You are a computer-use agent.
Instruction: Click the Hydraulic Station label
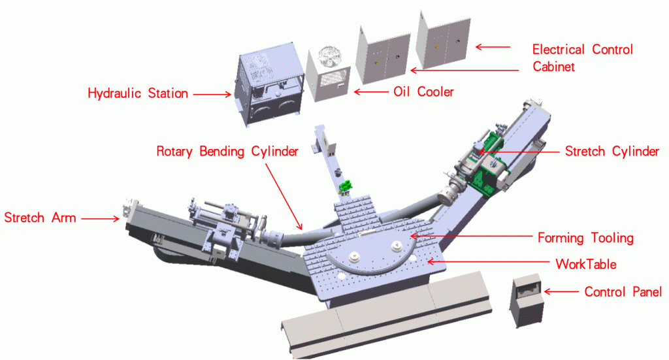click(x=138, y=93)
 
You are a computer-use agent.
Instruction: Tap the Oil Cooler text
click(x=423, y=92)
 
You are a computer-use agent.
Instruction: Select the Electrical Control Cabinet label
click(x=582, y=57)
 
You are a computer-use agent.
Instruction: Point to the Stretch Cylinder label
click(x=612, y=152)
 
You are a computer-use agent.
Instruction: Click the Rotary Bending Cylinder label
click(x=227, y=152)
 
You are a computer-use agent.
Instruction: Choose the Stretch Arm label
click(x=40, y=218)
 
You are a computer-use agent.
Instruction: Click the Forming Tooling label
click(x=585, y=238)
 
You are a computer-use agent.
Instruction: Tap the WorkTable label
click(x=585, y=265)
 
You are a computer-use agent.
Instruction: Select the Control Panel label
click(x=623, y=292)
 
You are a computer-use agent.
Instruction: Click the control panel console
click(x=526, y=299)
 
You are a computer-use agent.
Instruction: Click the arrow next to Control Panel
click(x=559, y=292)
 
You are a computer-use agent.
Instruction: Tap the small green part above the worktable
click(x=346, y=186)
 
